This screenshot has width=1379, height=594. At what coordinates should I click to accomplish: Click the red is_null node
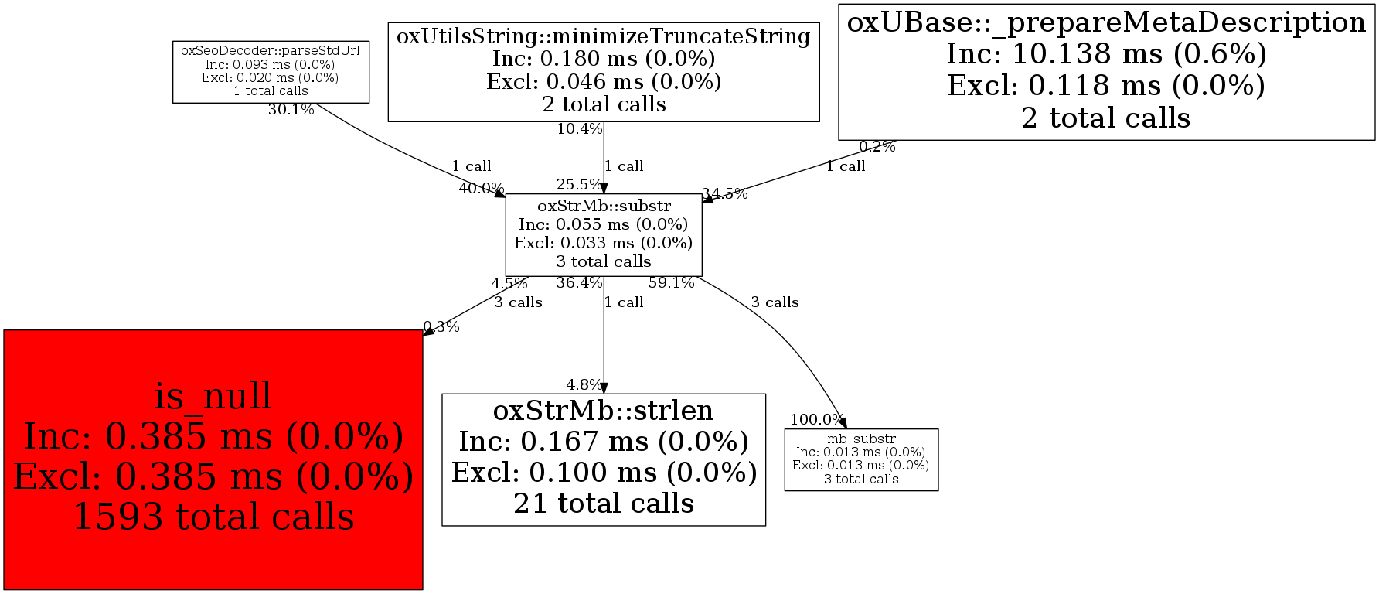click(213, 459)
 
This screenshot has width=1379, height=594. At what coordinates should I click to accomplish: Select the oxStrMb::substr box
click(603, 234)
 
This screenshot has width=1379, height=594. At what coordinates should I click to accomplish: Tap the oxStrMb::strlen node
click(603, 459)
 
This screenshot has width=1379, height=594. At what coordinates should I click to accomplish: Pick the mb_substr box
click(860, 459)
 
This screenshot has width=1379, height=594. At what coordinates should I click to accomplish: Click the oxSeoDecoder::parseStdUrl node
click(271, 73)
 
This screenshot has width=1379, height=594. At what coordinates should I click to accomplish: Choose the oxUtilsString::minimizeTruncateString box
click(603, 71)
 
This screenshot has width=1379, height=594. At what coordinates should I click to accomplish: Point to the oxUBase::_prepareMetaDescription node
click(1106, 71)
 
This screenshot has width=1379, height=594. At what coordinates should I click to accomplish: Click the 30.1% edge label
click(291, 110)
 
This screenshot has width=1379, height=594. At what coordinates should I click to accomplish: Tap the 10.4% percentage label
click(579, 129)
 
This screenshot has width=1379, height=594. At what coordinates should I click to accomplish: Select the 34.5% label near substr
click(724, 194)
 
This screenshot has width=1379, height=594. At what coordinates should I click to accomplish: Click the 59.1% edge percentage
click(671, 283)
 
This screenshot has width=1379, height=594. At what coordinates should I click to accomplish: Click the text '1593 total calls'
click(213, 517)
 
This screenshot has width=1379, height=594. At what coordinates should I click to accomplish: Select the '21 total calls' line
click(603, 504)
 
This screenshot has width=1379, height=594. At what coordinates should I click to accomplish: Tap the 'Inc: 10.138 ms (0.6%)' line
click(1106, 54)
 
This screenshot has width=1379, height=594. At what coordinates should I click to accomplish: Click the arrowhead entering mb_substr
click(843, 423)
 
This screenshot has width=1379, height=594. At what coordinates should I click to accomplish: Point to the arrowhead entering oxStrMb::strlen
click(604, 388)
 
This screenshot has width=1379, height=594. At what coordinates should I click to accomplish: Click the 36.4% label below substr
click(579, 283)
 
